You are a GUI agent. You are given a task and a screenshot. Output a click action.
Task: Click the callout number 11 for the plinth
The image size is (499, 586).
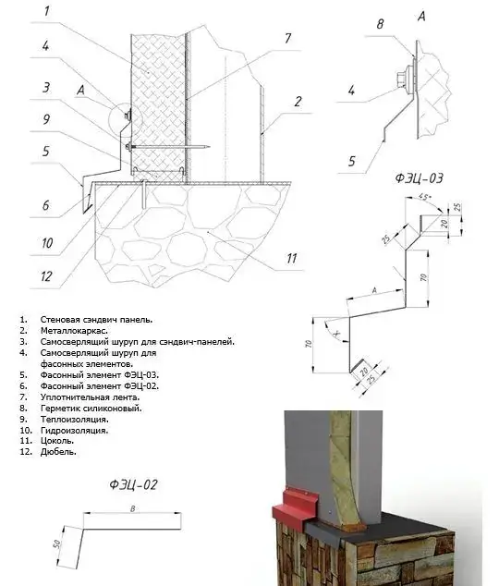(291, 258)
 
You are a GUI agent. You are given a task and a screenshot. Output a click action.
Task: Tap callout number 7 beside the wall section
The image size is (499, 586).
(287, 38)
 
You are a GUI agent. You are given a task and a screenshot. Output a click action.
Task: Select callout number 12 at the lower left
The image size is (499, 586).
(46, 276)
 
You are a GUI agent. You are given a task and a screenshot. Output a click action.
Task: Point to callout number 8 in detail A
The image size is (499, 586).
(380, 24)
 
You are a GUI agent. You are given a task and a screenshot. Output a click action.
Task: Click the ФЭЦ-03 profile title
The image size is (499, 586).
(420, 177)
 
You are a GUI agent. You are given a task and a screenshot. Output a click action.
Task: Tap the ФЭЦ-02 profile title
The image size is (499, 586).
(133, 484)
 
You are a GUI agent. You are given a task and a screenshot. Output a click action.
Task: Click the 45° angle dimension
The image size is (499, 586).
(425, 196)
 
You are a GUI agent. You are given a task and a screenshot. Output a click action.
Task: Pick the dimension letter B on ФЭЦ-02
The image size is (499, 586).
(132, 508)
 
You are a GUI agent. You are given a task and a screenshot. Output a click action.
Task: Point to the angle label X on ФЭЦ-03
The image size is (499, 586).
(337, 334)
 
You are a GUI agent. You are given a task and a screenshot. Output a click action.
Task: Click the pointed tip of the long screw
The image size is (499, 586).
(209, 146)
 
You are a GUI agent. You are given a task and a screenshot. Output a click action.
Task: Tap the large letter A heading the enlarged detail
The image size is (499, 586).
(421, 17)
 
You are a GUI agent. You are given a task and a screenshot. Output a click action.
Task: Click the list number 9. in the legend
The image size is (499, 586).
(23, 420)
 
